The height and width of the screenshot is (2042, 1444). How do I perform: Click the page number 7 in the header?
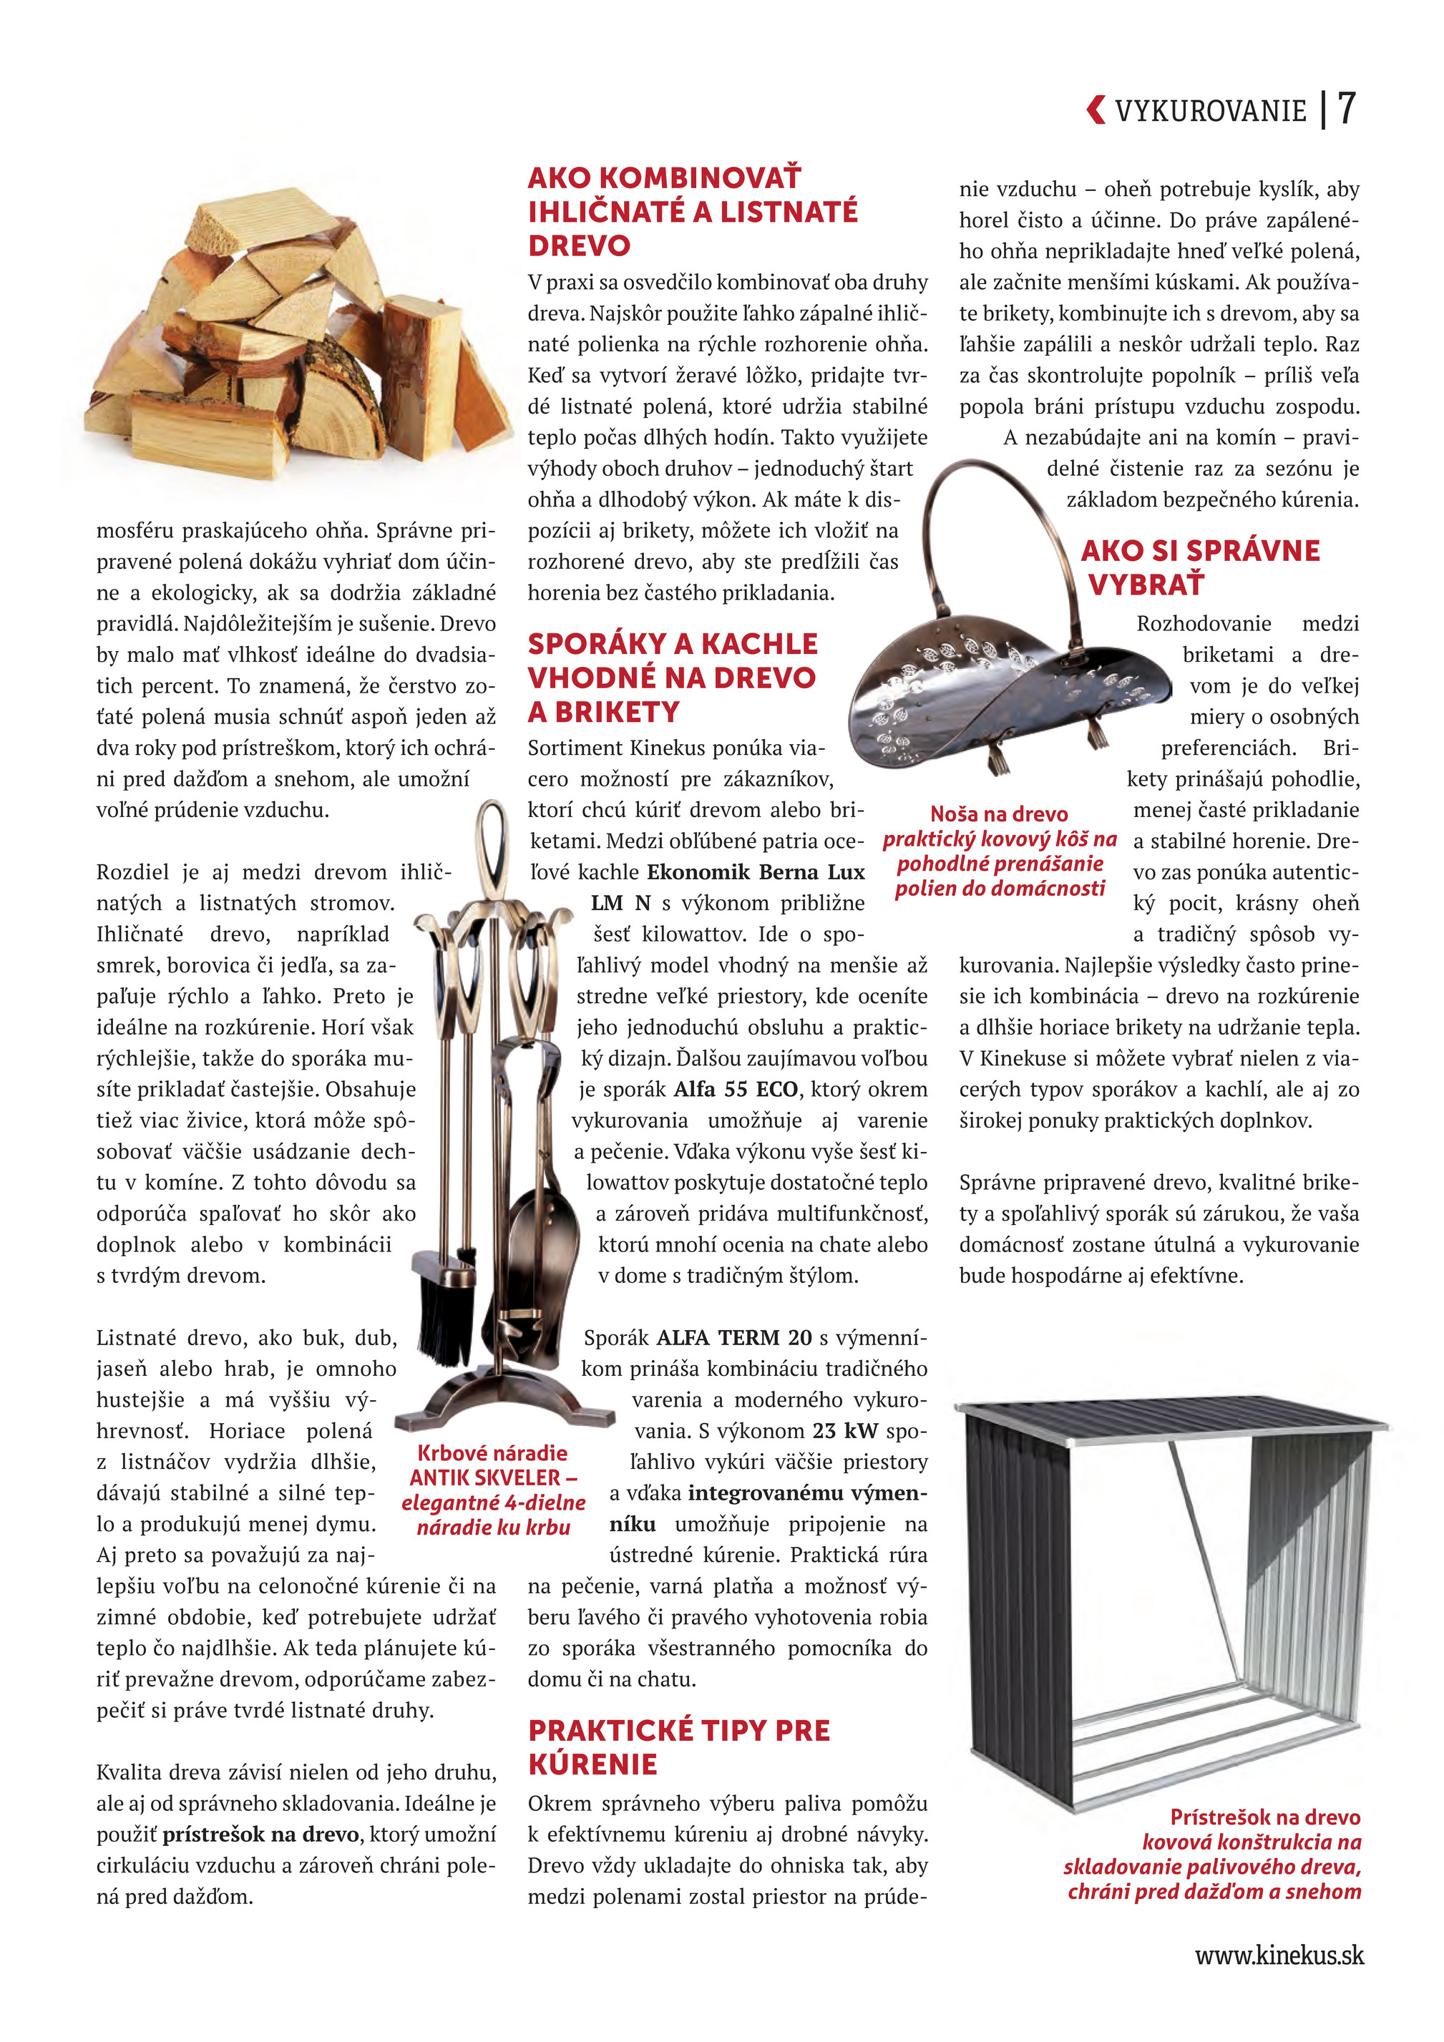1346,109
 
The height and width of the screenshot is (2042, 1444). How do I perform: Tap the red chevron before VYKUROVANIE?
1096,109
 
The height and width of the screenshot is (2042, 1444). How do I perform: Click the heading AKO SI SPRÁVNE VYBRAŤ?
1199,567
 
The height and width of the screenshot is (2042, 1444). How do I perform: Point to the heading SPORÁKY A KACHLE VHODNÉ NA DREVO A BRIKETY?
672,678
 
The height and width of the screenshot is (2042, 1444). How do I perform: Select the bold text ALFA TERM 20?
734,1338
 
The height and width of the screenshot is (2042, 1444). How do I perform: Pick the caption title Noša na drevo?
998,814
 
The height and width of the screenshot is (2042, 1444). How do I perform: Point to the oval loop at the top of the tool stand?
492,836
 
